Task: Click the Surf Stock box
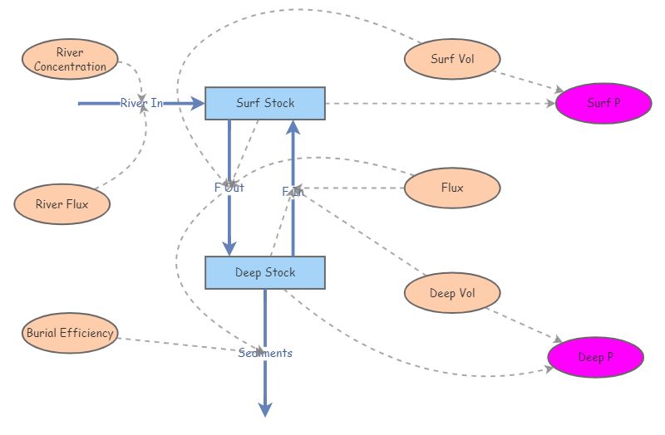pos(264,104)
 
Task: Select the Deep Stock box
pos(264,272)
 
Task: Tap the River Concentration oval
pos(70,60)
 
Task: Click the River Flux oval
pos(62,203)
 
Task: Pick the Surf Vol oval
pos(452,59)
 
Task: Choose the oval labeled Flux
pos(452,188)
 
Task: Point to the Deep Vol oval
pos(452,293)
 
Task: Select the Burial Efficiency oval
pos(70,333)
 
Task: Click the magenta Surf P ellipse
pos(603,104)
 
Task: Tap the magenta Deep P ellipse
pos(595,358)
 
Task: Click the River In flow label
pos(141,104)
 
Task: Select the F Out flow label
pos(229,188)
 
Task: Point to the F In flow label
pos(293,192)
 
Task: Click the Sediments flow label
pos(265,353)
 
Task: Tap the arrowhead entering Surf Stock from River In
pos(198,104)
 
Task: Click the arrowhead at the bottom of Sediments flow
pos(265,409)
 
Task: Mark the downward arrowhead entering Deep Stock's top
pos(229,248)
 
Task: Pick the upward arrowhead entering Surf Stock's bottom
pos(293,126)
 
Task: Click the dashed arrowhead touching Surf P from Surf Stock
pos(550,104)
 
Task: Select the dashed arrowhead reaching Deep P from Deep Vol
pos(557,340)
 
